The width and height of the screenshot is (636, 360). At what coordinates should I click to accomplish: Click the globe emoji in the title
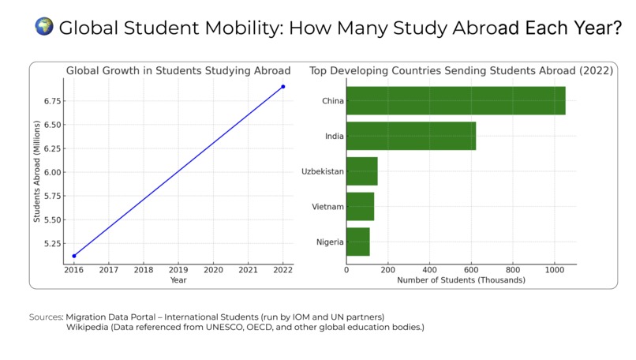44,27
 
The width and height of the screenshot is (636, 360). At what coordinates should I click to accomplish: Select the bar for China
455,101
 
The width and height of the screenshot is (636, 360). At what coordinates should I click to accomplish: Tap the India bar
410,136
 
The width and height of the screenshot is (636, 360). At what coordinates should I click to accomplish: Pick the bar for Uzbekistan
361,171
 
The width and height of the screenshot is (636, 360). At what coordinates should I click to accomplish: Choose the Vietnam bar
360,206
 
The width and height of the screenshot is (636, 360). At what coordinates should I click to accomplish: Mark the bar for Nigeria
357,242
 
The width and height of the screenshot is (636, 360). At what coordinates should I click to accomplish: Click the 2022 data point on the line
282,86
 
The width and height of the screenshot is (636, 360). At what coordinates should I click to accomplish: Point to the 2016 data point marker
74,256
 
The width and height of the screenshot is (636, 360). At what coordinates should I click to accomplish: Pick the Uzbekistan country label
322,171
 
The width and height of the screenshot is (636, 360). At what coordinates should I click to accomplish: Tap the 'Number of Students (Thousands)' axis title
461,280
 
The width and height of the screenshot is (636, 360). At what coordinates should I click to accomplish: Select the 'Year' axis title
178,280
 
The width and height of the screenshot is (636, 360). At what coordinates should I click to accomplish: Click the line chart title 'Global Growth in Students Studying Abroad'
178,71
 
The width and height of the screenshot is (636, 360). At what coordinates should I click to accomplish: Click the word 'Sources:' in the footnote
46,317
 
